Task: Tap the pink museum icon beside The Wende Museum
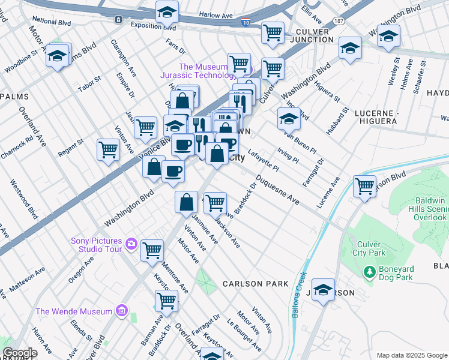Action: click(x=122, y=311)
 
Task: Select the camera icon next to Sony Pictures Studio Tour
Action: click(x=131, y=245)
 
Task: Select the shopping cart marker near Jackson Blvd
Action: click(x=364, y=186)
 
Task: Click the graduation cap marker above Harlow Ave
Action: click(x=167, y=11)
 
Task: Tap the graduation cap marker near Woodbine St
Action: click(x=57, y=56)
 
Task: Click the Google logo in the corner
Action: click(x=19, y=353)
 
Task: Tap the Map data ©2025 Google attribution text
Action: click(x=412, y=355)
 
